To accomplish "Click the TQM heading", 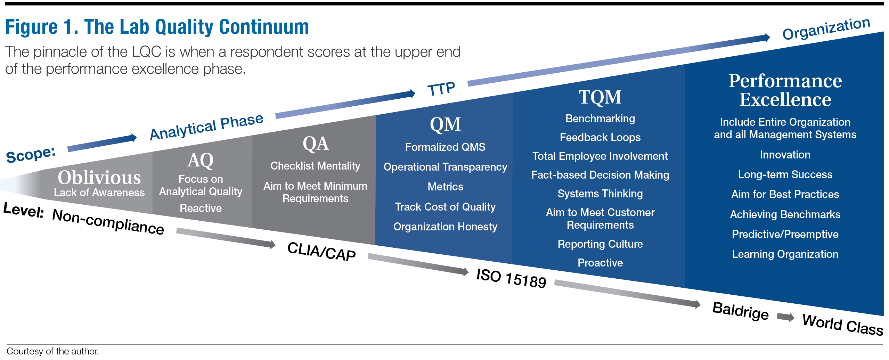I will [600, 97].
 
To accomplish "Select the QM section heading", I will [445, 124].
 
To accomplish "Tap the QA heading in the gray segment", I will [316, 144].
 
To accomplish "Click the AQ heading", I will [201, 161].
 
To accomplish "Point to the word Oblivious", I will [99, 178].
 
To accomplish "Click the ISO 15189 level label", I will [511, 278].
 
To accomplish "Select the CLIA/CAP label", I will [321, 251].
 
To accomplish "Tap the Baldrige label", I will [740, 311].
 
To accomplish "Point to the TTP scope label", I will [441, 89].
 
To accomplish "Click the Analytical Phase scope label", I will [206, 127].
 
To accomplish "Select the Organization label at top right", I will [826, 29].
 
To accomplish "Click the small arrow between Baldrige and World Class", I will [785, 317].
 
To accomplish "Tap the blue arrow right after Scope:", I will [102, 143].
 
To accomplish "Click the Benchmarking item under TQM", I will [600, 119].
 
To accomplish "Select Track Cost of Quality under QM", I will [445, 207].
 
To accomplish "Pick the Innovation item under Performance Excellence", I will [785, 155].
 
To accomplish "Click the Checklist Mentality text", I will [315, 166].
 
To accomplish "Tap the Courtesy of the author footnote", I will [53, 351].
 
